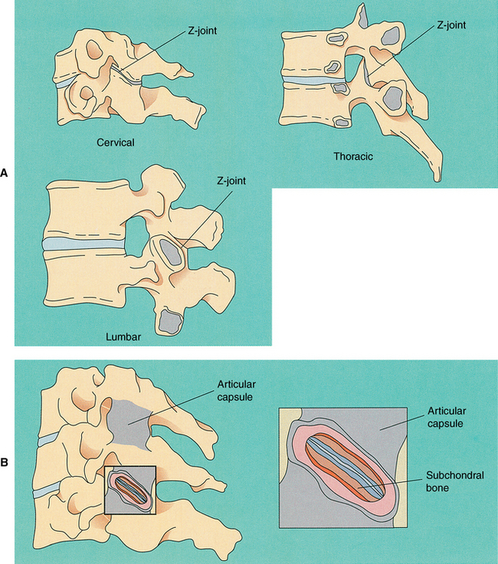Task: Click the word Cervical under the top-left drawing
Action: point(116,143)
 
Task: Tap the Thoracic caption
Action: point(353,156)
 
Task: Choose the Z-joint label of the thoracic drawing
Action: point(452,25)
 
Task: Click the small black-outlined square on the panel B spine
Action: point(130,490)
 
